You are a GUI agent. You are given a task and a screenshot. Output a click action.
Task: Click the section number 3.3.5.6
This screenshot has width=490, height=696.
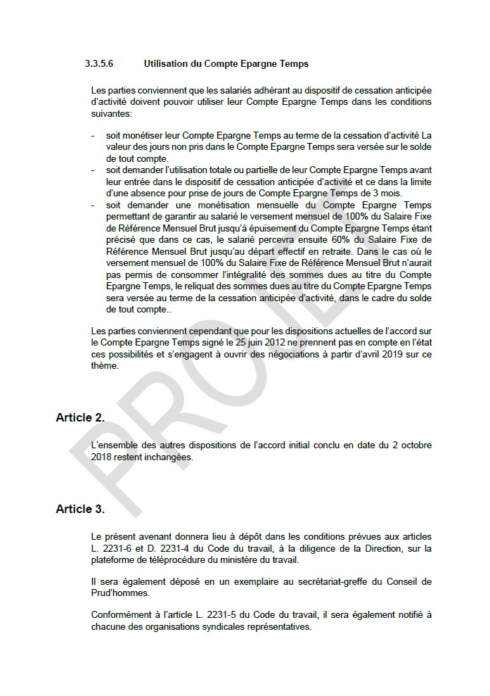[99, 64]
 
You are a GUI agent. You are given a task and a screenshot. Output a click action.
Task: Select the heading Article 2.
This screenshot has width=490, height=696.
[80, 417]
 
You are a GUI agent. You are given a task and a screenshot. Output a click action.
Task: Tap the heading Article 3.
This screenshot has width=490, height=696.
[80, 509]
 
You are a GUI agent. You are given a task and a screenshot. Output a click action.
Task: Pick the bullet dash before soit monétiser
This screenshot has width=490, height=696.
[94, 134]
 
